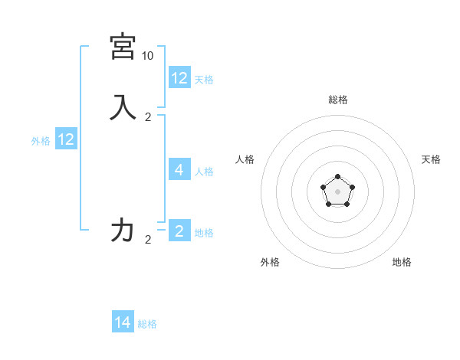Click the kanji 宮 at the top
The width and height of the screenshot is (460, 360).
(x=123, y=47)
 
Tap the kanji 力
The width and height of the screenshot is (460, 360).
(x=123, y=230)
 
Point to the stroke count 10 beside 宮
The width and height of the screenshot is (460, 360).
(x=147, y=56)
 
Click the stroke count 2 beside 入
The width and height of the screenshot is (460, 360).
(x=148, y=117)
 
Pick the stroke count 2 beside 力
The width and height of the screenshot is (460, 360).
(x=148, y=240)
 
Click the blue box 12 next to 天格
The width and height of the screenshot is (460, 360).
(x=179, y=78)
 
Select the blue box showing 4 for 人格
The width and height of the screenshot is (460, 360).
(x=179, y=170)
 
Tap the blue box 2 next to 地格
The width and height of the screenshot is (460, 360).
(x=179, y=231)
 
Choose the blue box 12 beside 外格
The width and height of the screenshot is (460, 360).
(x=66, y=139)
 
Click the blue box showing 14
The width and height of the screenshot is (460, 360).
(x=123, y=322)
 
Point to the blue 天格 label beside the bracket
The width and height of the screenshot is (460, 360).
(x=204, y=80)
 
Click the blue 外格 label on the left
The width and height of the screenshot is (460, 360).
(x=41, y=141)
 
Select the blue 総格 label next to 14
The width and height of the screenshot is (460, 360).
(x=147, y=324)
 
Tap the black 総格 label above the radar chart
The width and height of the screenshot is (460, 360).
(x=337, y=100)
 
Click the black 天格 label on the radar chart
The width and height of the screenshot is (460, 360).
(x=431, y=159)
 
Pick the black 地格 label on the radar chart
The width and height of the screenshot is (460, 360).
(x=402, y=262)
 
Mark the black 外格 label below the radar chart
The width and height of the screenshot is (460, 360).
(x=270, y=262)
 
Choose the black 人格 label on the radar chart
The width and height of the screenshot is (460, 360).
(x=245, y=159)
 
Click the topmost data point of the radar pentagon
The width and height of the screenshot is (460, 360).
(x=337, y=177)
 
